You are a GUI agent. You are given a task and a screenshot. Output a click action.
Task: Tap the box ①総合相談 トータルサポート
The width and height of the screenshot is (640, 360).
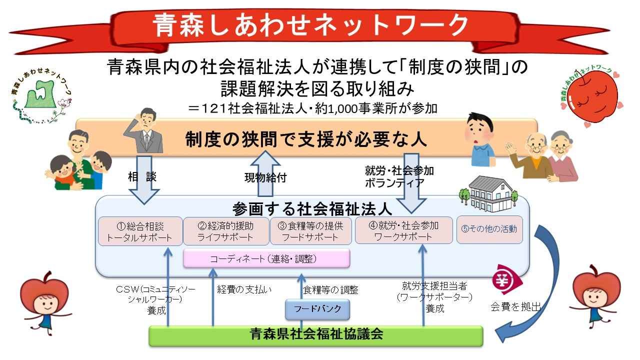point(140,230)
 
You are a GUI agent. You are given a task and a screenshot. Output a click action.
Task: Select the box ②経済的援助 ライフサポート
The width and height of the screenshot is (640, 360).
point(226,230)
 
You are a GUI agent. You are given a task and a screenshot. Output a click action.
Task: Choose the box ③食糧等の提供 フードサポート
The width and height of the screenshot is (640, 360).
point(311,230)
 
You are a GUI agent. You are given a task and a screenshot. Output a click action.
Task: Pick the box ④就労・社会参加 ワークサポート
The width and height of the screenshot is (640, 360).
point(403,230)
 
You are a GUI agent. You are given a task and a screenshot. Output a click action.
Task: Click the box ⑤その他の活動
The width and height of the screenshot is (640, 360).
point(489,229)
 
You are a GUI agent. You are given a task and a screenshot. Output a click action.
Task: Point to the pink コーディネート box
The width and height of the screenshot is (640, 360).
point(266,258)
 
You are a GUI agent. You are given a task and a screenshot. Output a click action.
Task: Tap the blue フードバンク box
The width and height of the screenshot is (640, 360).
point(317,309)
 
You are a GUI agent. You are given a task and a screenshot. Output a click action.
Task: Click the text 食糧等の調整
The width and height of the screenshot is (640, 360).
point(330,289)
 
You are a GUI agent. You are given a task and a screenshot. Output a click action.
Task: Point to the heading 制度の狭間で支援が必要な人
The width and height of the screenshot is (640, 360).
point(306,139)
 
